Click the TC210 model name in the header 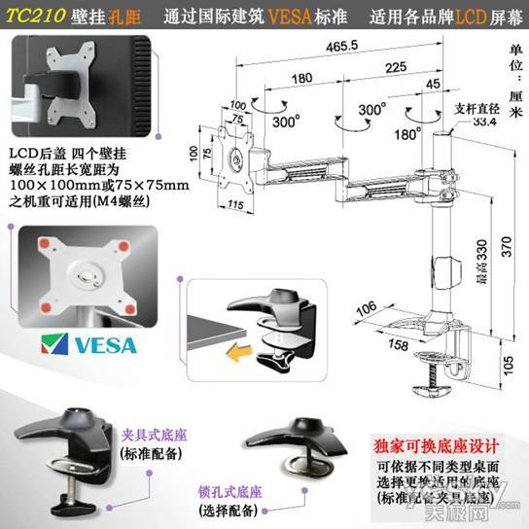pyautogui.click(x=38, y=18)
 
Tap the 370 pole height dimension pyautogui.click(x=501, y=248)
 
